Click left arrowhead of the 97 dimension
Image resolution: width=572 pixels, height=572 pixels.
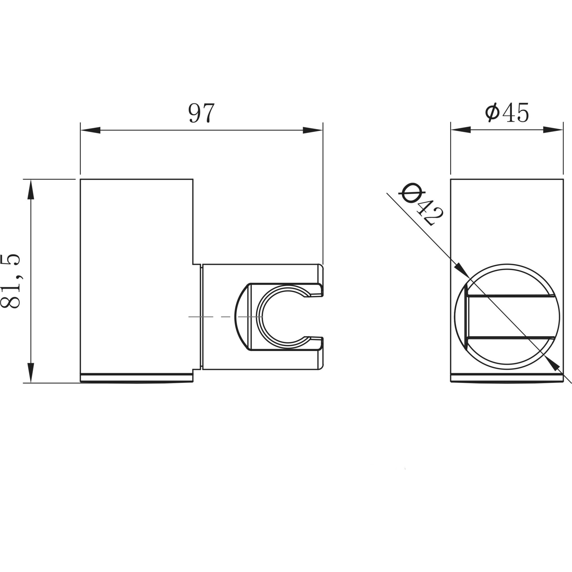(x=91, y=130)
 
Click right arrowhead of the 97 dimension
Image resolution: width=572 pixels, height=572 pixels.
(x=312, y=130)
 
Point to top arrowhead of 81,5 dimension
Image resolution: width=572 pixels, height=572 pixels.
(x=31, y=190)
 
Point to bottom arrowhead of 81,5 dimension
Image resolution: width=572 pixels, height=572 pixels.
(x=31, y=372)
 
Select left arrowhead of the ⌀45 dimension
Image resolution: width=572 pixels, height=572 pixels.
(x=461, y=130)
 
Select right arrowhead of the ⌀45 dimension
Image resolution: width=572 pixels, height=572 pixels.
(x=553, y=130)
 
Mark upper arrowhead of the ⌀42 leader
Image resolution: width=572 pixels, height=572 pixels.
(x=461, y=269)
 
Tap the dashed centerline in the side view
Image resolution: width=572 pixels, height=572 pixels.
(x=225, y=317)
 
